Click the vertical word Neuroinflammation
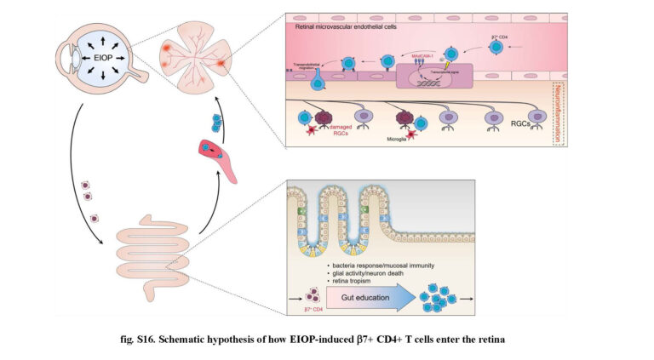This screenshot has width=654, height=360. (558, 115)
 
